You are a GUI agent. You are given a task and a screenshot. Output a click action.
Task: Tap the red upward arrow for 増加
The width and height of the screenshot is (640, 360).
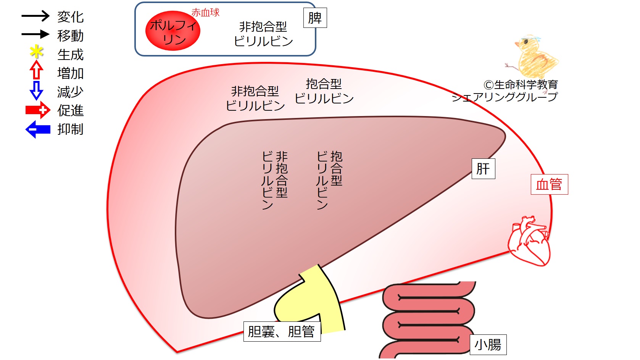[36, 70]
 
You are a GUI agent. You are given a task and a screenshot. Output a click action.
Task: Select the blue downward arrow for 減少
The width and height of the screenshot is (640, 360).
[36, 90]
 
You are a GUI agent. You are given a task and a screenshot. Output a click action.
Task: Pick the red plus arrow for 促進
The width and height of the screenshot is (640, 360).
[38, 110]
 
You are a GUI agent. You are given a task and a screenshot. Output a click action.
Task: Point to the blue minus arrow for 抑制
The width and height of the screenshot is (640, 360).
[38, 129]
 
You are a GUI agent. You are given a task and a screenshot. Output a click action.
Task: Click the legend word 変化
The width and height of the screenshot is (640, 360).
[70, 17]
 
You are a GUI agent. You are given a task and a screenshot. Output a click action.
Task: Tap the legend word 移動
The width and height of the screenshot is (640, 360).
[70, 36]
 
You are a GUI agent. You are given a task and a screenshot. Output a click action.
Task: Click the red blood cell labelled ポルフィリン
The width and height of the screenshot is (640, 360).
[172, 31]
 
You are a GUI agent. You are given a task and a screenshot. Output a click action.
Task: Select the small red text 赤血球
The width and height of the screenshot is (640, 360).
[205, 13]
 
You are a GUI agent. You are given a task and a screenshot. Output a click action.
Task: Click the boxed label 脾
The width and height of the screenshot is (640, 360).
[315, 18]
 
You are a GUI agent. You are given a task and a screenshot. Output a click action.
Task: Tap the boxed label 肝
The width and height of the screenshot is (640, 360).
[483, 169]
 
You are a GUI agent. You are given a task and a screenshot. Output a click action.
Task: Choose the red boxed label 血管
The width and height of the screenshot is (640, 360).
[549, 184]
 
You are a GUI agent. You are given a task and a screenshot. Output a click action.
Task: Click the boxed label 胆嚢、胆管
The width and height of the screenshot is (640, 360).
[282, 331]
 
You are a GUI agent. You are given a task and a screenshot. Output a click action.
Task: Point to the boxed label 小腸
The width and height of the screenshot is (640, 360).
[488, 345]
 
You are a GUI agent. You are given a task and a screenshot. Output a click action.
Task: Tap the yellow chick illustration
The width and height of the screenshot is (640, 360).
[533, 57]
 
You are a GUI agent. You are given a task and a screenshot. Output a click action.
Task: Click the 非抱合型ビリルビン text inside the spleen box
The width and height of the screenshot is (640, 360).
[263, 34]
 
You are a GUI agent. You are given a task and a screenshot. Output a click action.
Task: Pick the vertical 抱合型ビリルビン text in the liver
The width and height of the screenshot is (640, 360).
[329, 180]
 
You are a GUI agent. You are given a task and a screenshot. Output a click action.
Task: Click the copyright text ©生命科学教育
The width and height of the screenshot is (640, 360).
[521, 85]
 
